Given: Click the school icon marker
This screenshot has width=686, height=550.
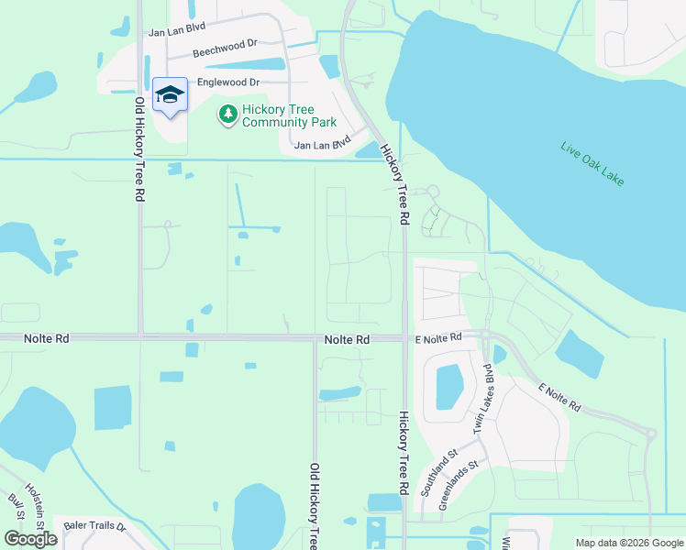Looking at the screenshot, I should pos(170,95).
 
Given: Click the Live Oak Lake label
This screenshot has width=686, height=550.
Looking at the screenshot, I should pos(592,164).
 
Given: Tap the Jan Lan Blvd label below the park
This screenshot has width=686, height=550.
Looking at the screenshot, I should pos(323,144).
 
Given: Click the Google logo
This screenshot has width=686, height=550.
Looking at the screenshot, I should pos(30,539).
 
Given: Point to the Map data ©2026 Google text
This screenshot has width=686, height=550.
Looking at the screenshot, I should pos(628,543).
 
